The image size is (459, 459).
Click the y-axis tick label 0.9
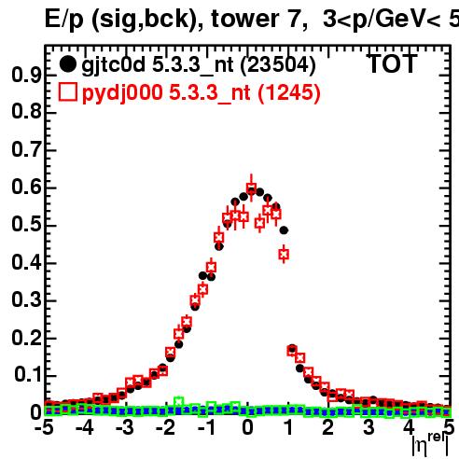pyautogui.click(x=26, y=75)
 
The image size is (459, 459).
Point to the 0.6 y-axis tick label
pyautogui.click(x=26, y=188)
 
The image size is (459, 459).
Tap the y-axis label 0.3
pyautogui.click(x=26, y=300)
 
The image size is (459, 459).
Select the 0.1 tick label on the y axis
pyautogui.click(x=28, y=375)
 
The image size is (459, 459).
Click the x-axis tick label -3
pyautogui.click(x=125, y=427)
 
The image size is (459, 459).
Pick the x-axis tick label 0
pyautogui.click(x=247, y=427)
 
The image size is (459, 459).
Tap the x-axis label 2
pyautogui.click(x=328, y=427)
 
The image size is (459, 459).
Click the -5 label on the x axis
pyautogui.click(x=44, y=427)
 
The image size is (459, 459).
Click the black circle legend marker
pyautogui.click(x=67, y=64)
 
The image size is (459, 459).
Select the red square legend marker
pyautogui.click(x=68, y=92)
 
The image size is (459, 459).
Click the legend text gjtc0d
pyautogui.click(x=114, y=65)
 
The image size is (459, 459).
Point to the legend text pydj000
pyautogui.click(x=122, y=93)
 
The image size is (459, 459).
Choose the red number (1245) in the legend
pyautogui.click(x=289, y=93)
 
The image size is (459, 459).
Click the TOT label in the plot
pyautogui.click(x=393, y=63)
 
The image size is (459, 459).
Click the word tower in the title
pyautogui.click(x=243, y=19)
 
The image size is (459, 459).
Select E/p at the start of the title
pyautogui.click(x=64, y=20)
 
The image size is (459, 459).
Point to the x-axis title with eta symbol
pyautogui.click(x=430, y=445)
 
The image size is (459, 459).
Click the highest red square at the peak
pyautogui.click(x=251, y=188)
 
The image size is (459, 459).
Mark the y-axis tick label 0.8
pyautogui.click(x=26, y=112)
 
